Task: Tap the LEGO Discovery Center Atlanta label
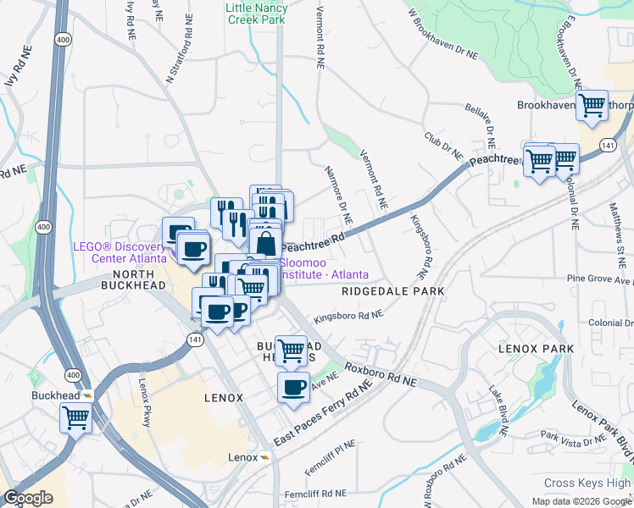coord(127,251)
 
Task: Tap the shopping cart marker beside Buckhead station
coord(76,416)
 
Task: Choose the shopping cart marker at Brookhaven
coord(592,106)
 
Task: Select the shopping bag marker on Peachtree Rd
coord(265,243)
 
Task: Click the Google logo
coord(28,498)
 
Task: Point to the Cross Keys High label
coord(587,483)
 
